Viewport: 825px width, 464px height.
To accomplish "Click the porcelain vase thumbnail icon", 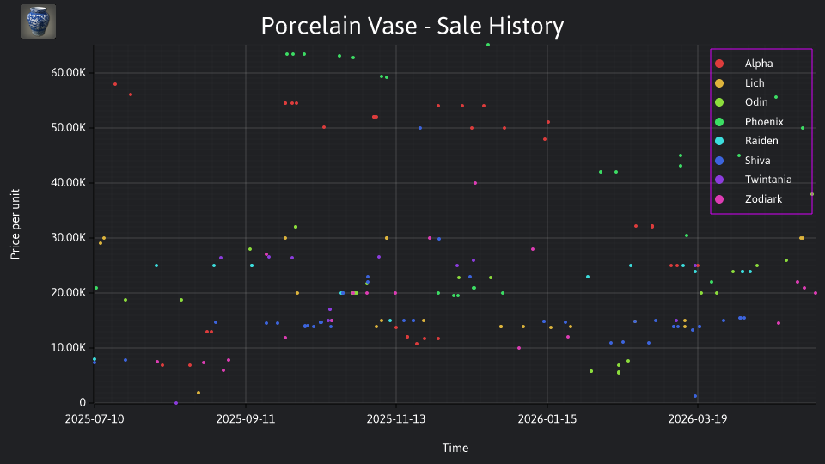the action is (x=39, y=21).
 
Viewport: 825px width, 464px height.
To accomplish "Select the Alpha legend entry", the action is (x=744, y=64).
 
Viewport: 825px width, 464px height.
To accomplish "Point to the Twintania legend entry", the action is (x=754, y=180).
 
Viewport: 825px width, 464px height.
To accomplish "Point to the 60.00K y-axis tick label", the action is (x=69, y=72).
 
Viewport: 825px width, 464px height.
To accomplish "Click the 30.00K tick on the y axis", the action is (x=69, y=238).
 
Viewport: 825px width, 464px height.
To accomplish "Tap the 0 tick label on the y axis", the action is (x=82, y=402).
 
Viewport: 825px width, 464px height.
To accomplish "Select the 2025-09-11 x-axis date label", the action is (x=246, y=419).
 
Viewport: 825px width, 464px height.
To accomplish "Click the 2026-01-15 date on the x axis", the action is (x=547, y=419).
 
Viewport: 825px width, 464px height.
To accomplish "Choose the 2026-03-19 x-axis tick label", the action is (x=698, y=419).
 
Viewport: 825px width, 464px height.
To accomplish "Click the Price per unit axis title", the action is (x=15, y=224).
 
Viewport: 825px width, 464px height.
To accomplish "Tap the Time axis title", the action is (x=455, y=448).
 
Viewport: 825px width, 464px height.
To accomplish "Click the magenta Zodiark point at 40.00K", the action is (x=475, y=183).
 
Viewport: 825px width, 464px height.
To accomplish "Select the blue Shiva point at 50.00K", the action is (x=420, y=128).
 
